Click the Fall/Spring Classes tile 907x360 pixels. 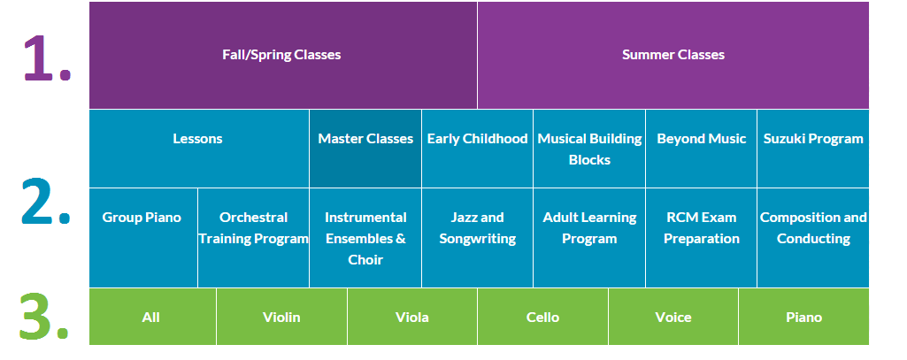click(x=282, y=55)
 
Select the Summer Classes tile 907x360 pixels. click(x=673, y=55)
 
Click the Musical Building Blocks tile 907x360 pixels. click(x=589, y=149)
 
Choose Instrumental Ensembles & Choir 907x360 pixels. click(x=365, y=238)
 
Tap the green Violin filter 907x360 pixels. click(x=281, y=317)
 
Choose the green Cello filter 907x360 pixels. click(x=542, y=317)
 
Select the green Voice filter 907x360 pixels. click(x=673, y=317)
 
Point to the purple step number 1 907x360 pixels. click(x=46, y=58)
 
